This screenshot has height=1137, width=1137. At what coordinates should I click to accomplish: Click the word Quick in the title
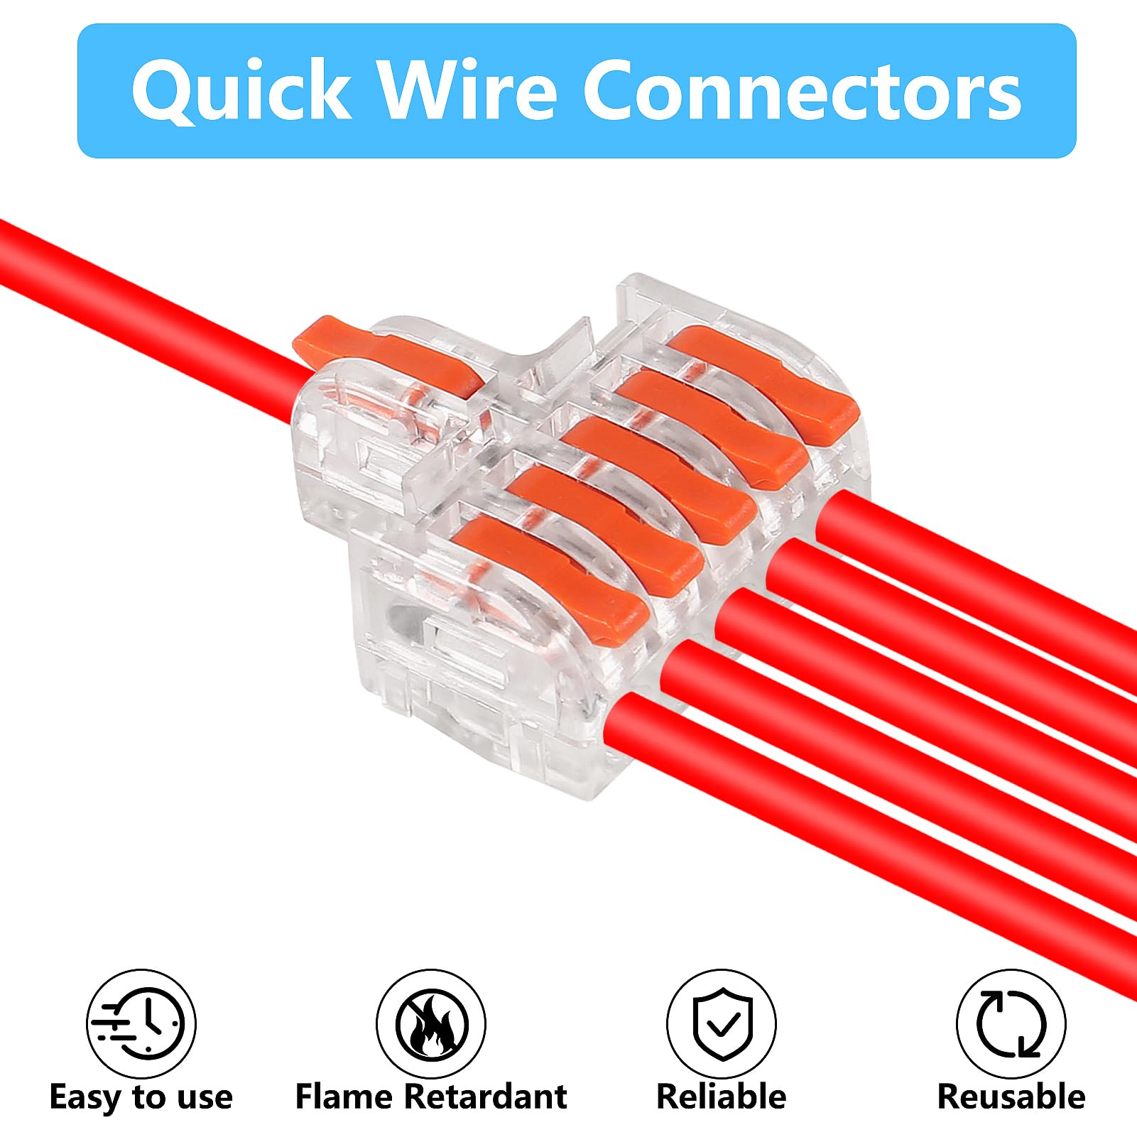point(241,91)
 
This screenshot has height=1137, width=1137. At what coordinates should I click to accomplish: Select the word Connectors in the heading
point(802,91)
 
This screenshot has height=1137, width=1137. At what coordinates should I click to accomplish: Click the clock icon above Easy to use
point(141,1024)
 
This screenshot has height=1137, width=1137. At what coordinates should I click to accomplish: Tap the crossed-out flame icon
point(431,1024)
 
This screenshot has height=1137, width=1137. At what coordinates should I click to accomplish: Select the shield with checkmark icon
point(721,1024)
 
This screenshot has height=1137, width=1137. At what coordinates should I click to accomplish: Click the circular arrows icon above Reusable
point(1011,1024)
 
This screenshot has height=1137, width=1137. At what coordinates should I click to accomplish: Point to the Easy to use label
point(141,1097)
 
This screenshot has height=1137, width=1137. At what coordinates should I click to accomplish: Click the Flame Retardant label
point(431,1097)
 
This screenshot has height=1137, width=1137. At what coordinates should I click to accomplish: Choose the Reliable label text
point(721,1097)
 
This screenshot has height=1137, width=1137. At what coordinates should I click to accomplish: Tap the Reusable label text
point(1011,1097)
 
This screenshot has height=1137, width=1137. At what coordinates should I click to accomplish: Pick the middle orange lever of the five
point(660,476)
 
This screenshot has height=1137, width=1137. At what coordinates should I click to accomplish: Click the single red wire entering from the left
point(142,305)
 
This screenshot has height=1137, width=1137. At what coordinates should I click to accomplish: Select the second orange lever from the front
point(604,526)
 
